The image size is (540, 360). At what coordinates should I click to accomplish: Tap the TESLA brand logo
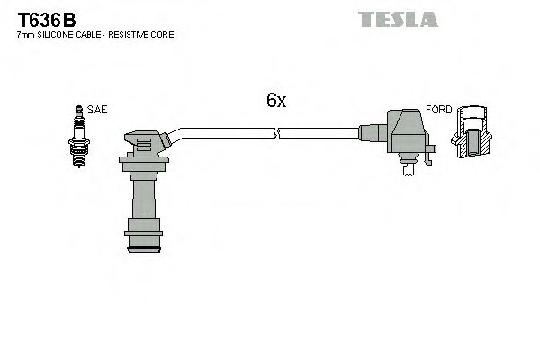click(x=397, y=19)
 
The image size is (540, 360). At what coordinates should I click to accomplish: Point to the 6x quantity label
click(x=275, y=102)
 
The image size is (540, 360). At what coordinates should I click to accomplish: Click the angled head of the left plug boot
click(x=148, y=142)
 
